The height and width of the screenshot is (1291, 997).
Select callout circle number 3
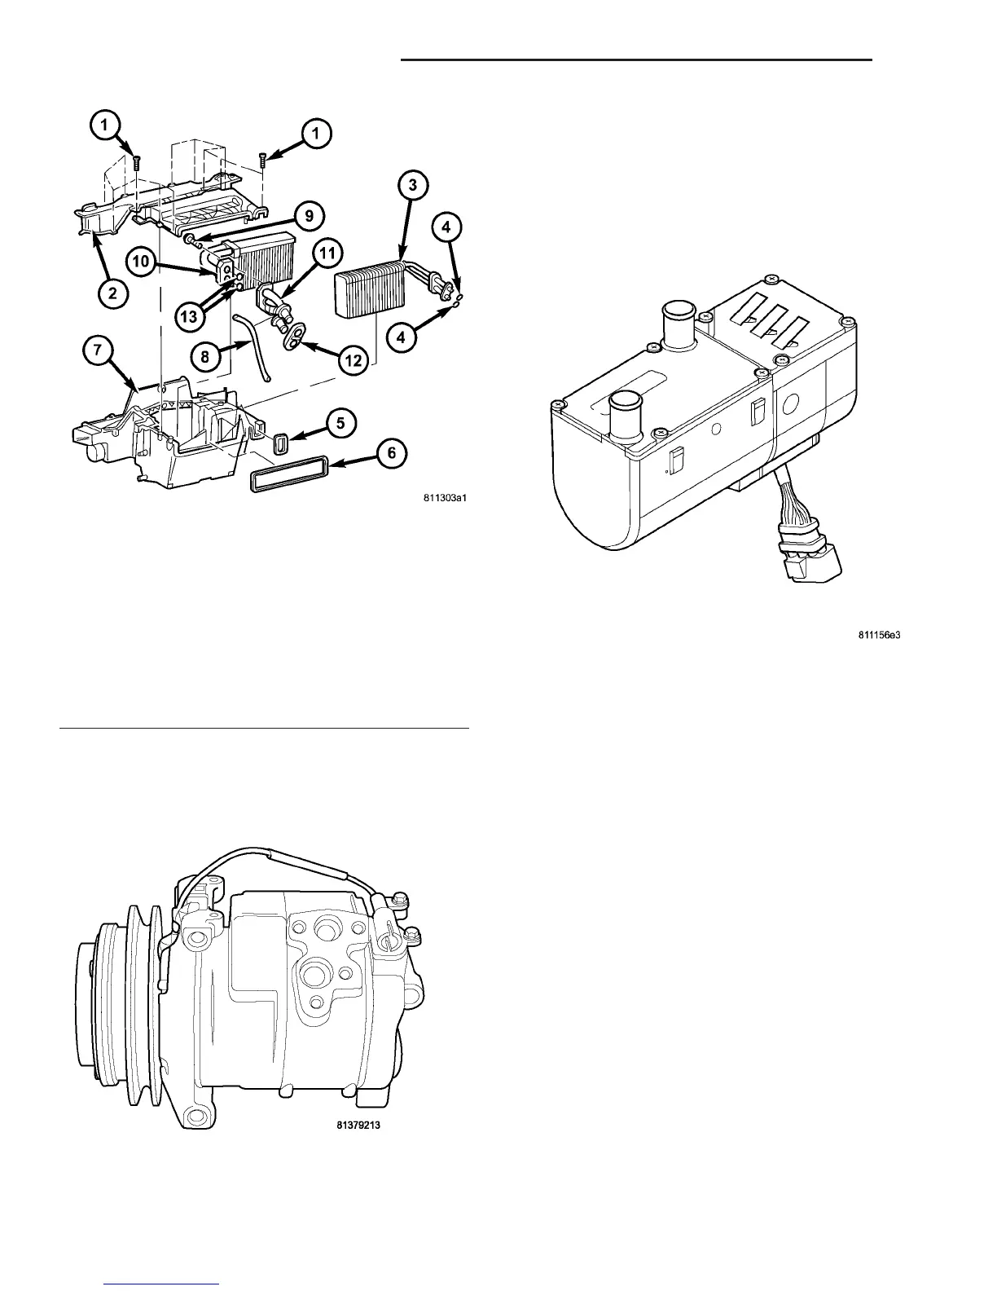tap(413, 185)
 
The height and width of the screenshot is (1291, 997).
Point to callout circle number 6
tap(393, 452)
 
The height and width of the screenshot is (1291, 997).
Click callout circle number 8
tap(206, 356)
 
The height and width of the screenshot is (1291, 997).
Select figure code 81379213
tap(358, 1126)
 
